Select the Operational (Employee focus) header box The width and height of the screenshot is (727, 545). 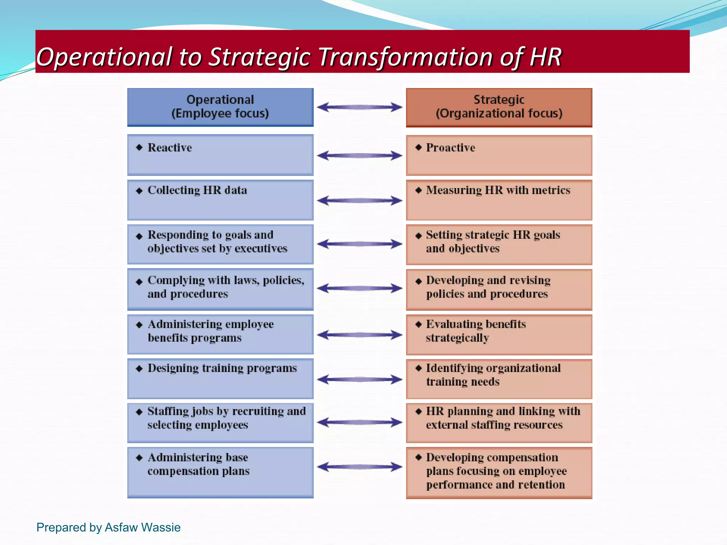pos(220,107)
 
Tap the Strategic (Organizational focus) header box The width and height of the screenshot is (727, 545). pos(499,107)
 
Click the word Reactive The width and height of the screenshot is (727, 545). pos(170,148)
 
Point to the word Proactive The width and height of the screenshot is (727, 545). pos(450,148)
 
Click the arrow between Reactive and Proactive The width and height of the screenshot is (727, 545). pos(360,155)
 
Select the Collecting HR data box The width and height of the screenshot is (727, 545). pos(220,200)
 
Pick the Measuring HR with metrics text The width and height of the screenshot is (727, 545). pos(498,190)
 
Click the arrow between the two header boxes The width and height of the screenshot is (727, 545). pos(360,107)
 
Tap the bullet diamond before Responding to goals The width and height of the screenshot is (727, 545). pos(139,236)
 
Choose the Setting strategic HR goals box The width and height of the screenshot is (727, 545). pos(499,244)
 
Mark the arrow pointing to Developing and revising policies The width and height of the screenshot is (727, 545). pos(360,288)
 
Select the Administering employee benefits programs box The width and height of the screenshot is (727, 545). pos(220,334)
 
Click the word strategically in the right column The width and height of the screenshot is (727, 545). pos(457,338)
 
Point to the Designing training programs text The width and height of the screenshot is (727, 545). pos(222,368)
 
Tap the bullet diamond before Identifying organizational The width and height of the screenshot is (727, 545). pos(419,368)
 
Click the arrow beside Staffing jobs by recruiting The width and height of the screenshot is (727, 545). pos(360,422)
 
